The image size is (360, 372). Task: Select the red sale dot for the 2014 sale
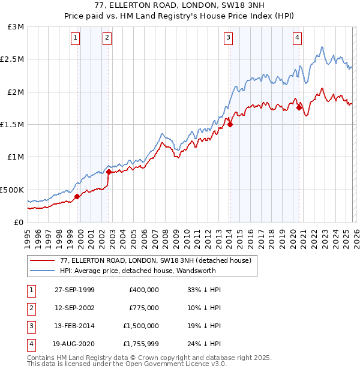(x=230, y=125)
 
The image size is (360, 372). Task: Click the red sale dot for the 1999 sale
(x=77, y=196)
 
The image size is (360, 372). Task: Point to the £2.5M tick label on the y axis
(x=12, y=59)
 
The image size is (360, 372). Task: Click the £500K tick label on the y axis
(x=12, y=190)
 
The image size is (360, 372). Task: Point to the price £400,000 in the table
(x=143, y=290)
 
